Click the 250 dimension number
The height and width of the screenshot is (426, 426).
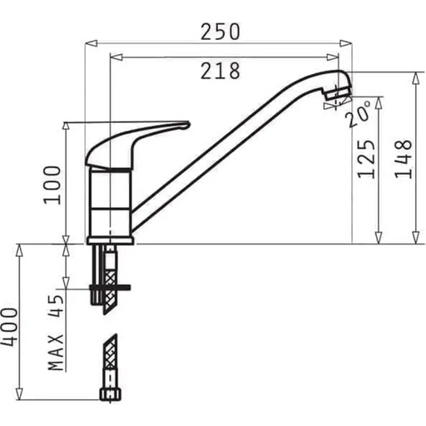[220, 32]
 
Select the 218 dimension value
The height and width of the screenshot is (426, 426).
[220, 71]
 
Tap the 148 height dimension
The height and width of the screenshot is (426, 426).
[404, 159]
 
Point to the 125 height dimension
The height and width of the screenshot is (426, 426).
[366, 159]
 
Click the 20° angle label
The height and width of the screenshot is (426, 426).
[359, 114]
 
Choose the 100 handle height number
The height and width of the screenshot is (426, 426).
[52, 186]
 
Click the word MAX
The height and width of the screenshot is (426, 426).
[56, 352]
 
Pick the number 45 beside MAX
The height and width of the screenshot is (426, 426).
[56, 305]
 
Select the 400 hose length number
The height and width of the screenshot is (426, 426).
[9, 327]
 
